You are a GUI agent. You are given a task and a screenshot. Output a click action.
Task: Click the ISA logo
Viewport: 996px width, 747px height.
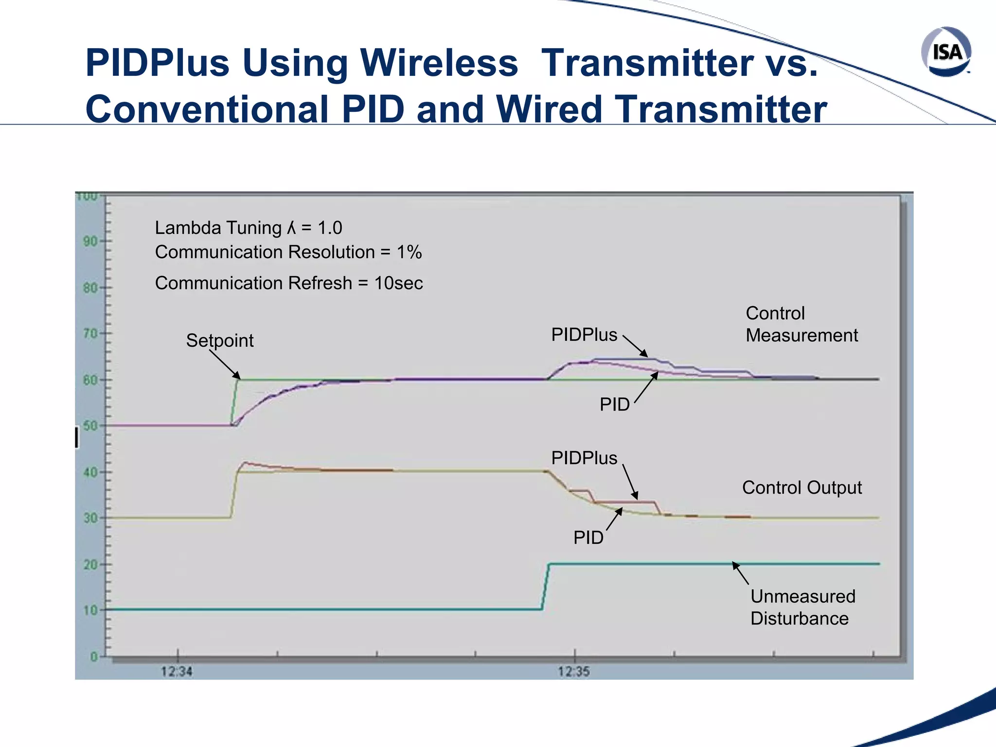coord(946,52)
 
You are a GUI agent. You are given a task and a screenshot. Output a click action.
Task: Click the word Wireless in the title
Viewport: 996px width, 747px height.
coord(439,63)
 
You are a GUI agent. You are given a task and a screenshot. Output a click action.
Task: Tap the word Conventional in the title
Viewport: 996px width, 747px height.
coord(207,109)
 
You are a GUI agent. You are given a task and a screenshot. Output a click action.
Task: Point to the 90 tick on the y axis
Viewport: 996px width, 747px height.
coord(90,241)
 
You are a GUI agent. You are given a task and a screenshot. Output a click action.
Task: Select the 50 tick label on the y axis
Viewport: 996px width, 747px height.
coord(90,426)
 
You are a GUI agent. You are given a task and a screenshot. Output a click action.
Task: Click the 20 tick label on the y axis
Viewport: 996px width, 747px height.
coord(90,565)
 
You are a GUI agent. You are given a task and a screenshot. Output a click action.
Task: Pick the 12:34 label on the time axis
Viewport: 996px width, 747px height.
coord(177,672)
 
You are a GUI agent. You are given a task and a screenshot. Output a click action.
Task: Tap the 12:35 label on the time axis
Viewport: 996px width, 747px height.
coord(574,672)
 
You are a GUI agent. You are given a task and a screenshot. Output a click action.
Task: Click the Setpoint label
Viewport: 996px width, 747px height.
coord(220,340)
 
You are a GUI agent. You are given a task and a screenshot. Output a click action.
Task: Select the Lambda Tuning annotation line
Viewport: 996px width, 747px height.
coord(249,228)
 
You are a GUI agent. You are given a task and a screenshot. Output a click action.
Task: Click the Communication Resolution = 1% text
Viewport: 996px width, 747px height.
coord(288,252)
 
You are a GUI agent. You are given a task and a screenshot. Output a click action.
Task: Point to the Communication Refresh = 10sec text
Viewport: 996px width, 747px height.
coord(289,283)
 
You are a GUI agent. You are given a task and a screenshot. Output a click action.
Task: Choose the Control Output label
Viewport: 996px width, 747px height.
coord(802,487)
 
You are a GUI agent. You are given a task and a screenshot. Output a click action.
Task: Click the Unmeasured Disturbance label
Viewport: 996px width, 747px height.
coord(802,607)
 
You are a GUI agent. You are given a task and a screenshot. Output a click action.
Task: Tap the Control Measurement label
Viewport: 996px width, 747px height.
coord(801,324)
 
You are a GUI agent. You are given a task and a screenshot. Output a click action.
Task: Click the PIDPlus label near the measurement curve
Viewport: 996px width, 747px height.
coord(584,335)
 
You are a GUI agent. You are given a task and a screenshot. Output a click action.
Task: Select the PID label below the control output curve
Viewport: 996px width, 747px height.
coord(588,537)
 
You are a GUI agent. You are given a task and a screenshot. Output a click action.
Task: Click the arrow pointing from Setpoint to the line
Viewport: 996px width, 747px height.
coord(225,365)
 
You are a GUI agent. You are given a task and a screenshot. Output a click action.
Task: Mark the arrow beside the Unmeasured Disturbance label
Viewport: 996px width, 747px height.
coord(740,573)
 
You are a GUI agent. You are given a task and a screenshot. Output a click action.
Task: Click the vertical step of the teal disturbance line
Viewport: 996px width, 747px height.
coord(546,587)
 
